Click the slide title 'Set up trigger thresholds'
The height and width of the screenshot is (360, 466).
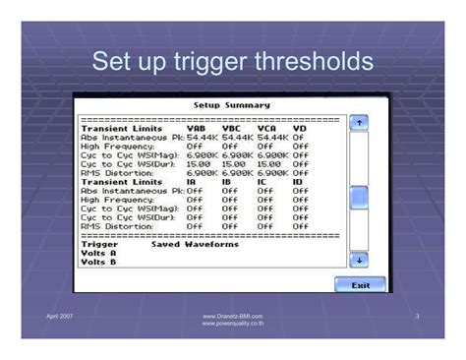[232, 62]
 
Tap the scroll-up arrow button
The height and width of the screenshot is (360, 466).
[359, 122]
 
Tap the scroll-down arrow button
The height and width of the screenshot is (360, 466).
[359, 260]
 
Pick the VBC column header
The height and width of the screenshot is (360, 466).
[233, 128]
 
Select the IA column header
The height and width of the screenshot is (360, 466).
[193, 181]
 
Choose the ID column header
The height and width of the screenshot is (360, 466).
[298, 181]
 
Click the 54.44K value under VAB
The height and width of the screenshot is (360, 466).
[202, 137]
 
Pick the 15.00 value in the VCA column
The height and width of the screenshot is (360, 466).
[270, 163]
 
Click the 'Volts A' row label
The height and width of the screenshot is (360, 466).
[98, 253]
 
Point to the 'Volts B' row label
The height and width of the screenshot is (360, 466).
[98, 262]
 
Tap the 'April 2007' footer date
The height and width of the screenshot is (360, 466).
[61, 316]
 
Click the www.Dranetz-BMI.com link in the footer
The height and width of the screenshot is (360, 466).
[232, 316]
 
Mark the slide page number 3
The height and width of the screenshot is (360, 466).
[418, 316]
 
